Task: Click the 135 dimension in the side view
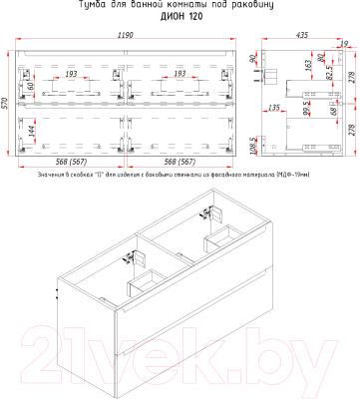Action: click(x=274, y=109)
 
